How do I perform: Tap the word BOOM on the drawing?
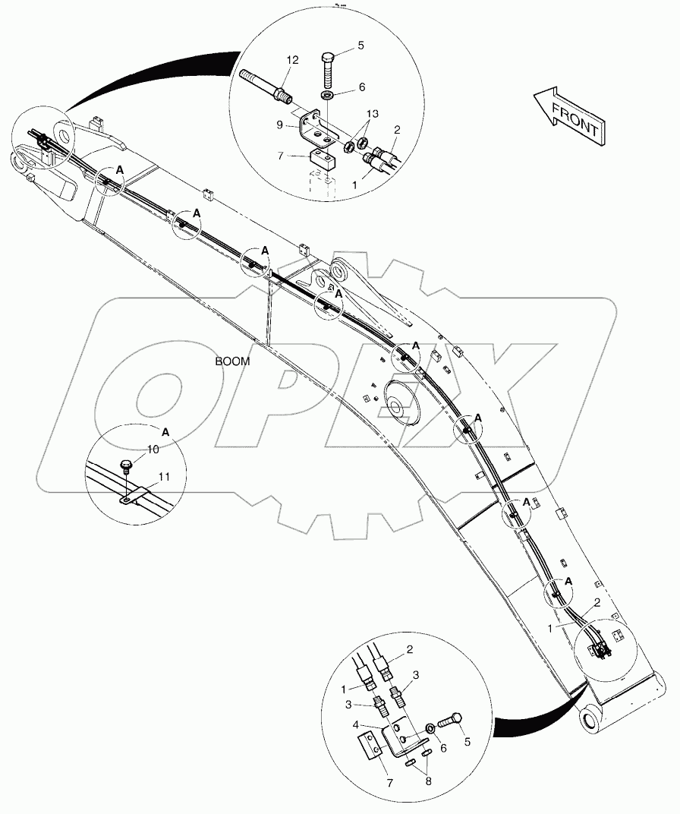tap(232, 362)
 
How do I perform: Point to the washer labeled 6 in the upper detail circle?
tap(327, 97)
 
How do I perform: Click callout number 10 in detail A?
tap(153, 450)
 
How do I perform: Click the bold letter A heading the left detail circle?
tap(166, 431)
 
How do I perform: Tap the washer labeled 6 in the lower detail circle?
tap(430, 729)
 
